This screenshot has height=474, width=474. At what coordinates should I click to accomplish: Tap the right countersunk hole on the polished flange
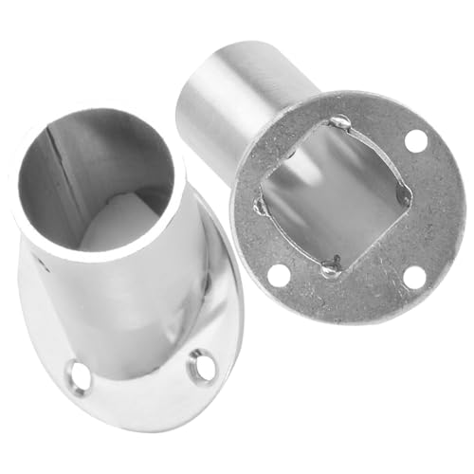201,365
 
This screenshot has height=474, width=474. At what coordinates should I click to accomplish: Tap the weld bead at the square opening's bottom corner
330,269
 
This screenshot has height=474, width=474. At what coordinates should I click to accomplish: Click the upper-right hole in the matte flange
414,141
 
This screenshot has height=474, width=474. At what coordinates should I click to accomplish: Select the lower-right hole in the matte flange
413,277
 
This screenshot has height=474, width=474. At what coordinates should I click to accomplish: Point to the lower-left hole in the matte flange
277,276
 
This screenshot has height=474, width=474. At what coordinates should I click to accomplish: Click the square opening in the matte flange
332,194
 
